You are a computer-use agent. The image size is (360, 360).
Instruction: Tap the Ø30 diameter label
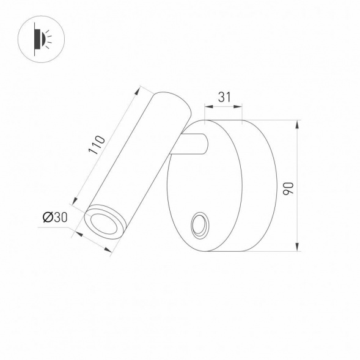tap(55, 216)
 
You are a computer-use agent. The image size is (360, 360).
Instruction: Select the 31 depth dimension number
tap(224, 97)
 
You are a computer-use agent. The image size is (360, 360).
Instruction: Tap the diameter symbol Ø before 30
tap(47, 216)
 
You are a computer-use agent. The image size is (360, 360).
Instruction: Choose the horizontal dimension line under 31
tap(223, 107)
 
